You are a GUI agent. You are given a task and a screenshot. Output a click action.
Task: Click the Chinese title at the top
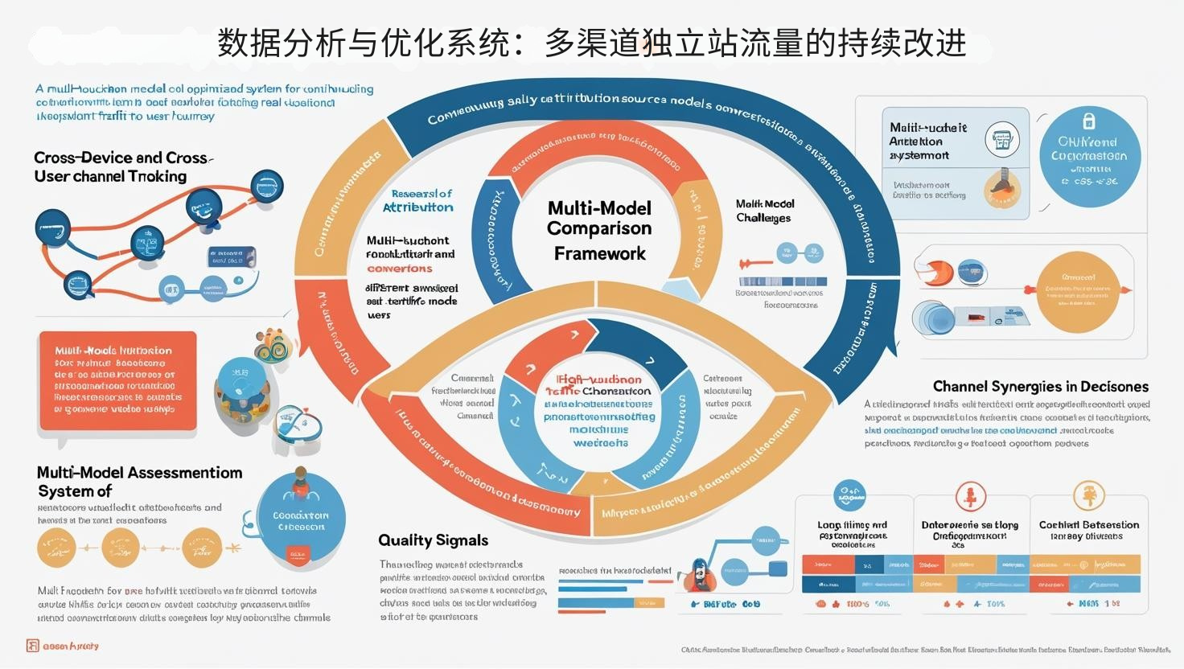tap(591, 43)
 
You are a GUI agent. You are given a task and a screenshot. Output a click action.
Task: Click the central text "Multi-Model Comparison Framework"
tap(599, 231)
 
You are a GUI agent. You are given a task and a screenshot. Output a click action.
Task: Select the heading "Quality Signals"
tap(433, 540)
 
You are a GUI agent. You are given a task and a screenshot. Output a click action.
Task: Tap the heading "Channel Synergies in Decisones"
tap(1040, 387)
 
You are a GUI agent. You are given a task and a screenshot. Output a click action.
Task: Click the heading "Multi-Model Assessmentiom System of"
tap(139, 482)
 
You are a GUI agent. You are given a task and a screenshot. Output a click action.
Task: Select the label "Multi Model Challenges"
tap(764, 211)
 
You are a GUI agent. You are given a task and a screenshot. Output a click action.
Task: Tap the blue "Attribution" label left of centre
tap(417, 207)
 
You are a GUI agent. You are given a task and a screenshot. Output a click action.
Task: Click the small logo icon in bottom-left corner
tap(32, 646)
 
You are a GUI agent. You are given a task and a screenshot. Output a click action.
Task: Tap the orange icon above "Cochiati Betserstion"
tap(1089, 495)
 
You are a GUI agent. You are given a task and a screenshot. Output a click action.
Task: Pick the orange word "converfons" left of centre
tap(399, 269)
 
